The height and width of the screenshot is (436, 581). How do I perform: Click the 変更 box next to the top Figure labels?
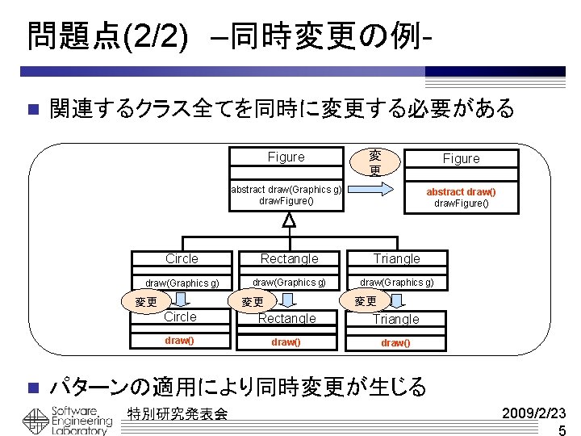pos(375,161)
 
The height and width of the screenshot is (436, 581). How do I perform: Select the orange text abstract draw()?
pos(461,191)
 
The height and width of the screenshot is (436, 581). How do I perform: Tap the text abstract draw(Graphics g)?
pos(286,189)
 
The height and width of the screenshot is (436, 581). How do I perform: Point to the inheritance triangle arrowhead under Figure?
pos(289,219)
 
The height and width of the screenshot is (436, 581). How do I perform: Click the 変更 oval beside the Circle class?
pos(146,302)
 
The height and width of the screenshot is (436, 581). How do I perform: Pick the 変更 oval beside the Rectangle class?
pos(253,302)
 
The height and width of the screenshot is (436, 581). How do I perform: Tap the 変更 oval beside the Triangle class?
pos(366,301)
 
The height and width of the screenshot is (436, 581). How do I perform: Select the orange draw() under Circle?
pos(179,341)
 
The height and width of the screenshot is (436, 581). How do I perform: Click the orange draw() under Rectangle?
pos(286,342)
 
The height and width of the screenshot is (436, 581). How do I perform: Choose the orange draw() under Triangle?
pos(395,342)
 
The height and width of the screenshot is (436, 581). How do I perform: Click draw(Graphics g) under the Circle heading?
pos(182,283)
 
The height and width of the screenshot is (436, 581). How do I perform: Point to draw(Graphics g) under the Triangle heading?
pos(396,282)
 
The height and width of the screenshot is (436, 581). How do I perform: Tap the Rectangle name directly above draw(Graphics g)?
pos(289,259)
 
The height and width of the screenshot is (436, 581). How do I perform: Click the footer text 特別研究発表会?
pos(178,414)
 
